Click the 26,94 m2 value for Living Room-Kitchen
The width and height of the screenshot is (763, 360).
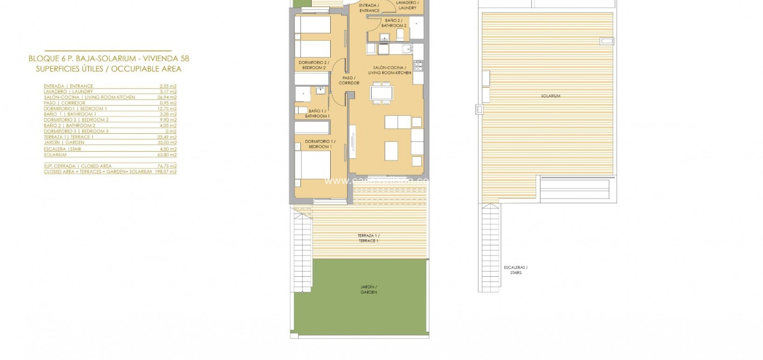[x=167, y=97]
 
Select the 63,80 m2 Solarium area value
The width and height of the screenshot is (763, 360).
[x=167, y=155]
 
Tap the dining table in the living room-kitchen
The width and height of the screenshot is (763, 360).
[x=381, y=92]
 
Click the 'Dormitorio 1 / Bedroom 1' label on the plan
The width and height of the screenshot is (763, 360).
[x=320, y=144]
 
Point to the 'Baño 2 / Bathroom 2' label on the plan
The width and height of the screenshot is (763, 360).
[x=394, y=23]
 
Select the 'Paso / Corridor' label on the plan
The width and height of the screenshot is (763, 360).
[x=349, y=81]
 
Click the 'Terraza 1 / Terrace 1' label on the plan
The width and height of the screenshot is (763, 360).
[x=368, y=238]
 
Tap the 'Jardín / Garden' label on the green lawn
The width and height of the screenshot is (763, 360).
[x=368, y=289]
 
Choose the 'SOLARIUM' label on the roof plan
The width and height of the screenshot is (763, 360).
[x=551, y=96]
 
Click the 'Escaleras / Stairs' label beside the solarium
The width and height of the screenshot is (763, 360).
[x=516, y=270]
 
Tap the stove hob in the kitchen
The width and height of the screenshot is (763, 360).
[x=417, y=65]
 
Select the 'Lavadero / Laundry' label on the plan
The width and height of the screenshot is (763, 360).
[x=407, y=5]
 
